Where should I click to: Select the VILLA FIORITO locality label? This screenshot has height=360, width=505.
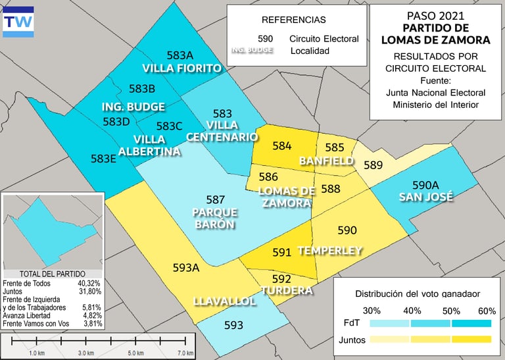(181, 68)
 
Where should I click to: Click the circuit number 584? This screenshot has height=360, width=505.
(281, 145)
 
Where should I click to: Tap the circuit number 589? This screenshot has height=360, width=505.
(373, 165)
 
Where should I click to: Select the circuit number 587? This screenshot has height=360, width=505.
(216, 199)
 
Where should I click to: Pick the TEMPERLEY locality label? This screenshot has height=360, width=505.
(330, 251)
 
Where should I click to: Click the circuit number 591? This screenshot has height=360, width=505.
(281, 252)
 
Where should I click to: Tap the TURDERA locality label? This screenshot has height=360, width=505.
(286, 290)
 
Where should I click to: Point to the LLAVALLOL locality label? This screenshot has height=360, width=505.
(224, 301)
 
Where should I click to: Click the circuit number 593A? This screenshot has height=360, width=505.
(185, 267)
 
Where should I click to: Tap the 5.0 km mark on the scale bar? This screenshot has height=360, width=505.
(135, 353)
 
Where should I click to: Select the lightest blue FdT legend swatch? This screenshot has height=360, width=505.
(389, 324)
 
